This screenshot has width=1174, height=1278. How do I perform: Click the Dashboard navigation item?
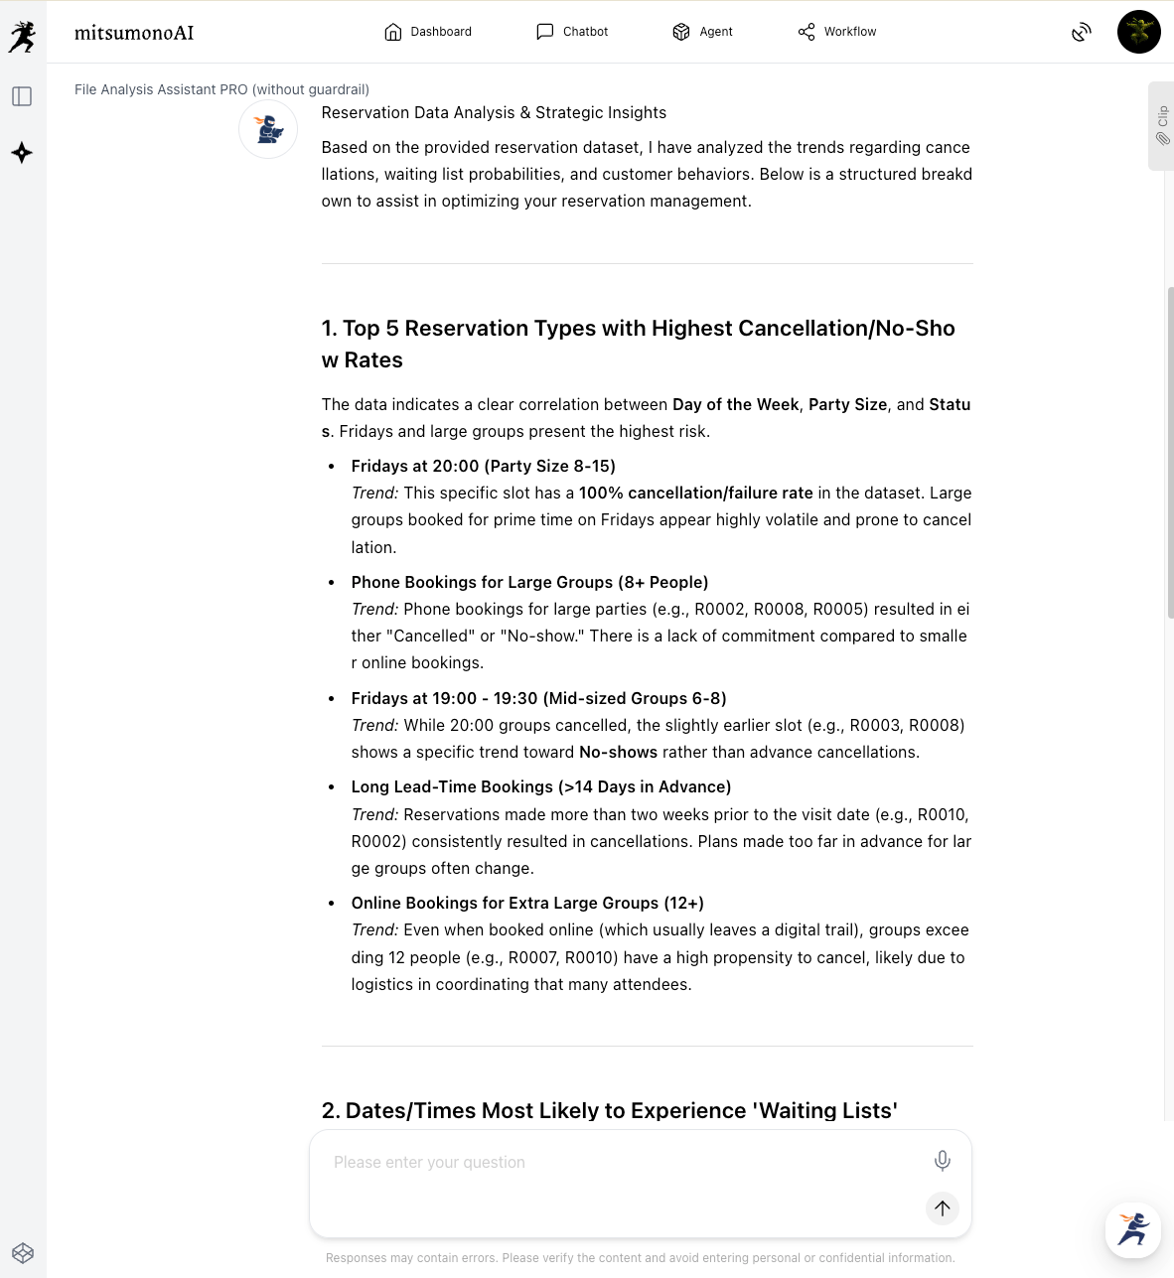[428, 32]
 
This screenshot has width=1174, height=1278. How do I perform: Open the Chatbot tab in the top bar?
[572, 32]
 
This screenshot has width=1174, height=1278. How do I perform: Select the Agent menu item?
[702, 32]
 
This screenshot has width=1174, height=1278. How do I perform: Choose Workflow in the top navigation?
[837, 32]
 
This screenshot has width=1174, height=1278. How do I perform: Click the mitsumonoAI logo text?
[134, 33]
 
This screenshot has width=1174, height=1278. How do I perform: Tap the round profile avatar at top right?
[1138, 32]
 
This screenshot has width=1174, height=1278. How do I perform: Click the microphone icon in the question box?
[942, 1160]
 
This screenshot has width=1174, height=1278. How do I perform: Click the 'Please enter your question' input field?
[616, 1163]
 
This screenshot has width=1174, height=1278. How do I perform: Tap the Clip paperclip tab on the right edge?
[1161, 126]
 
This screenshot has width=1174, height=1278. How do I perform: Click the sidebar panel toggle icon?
[22, 96]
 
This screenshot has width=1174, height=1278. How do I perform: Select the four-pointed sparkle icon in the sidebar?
[22, 153]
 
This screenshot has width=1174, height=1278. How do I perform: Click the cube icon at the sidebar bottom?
[23, 1253]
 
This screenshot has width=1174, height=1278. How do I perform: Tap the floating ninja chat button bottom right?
[1132, 1229]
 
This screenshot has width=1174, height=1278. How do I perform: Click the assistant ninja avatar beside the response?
[268, 129]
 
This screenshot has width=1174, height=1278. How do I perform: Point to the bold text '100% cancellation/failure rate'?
[695, 494]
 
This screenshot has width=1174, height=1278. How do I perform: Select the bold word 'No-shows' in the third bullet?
[618, 753]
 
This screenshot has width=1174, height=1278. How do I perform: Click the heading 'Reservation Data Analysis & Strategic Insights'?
[494, 113]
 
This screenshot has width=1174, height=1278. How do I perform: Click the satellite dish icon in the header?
[1082, 33]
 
